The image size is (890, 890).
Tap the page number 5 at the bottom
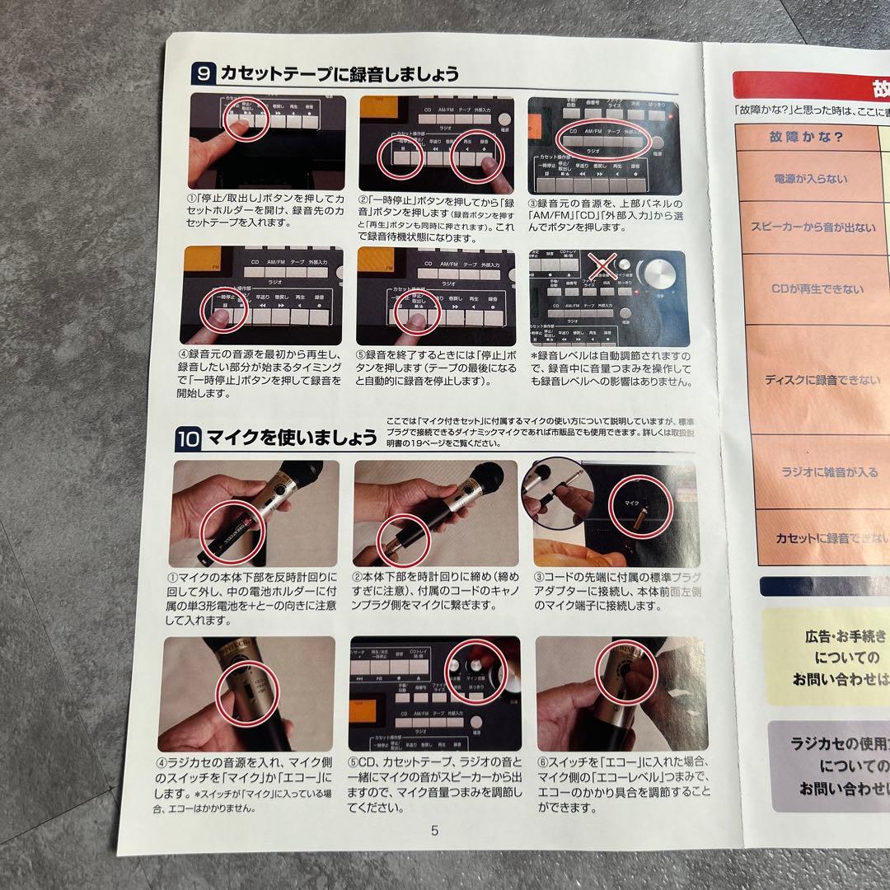click(x=434, y=830)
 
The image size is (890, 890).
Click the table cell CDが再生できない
click(x=805, y=289)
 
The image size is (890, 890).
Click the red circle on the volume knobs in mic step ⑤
click(x=473, y=668)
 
